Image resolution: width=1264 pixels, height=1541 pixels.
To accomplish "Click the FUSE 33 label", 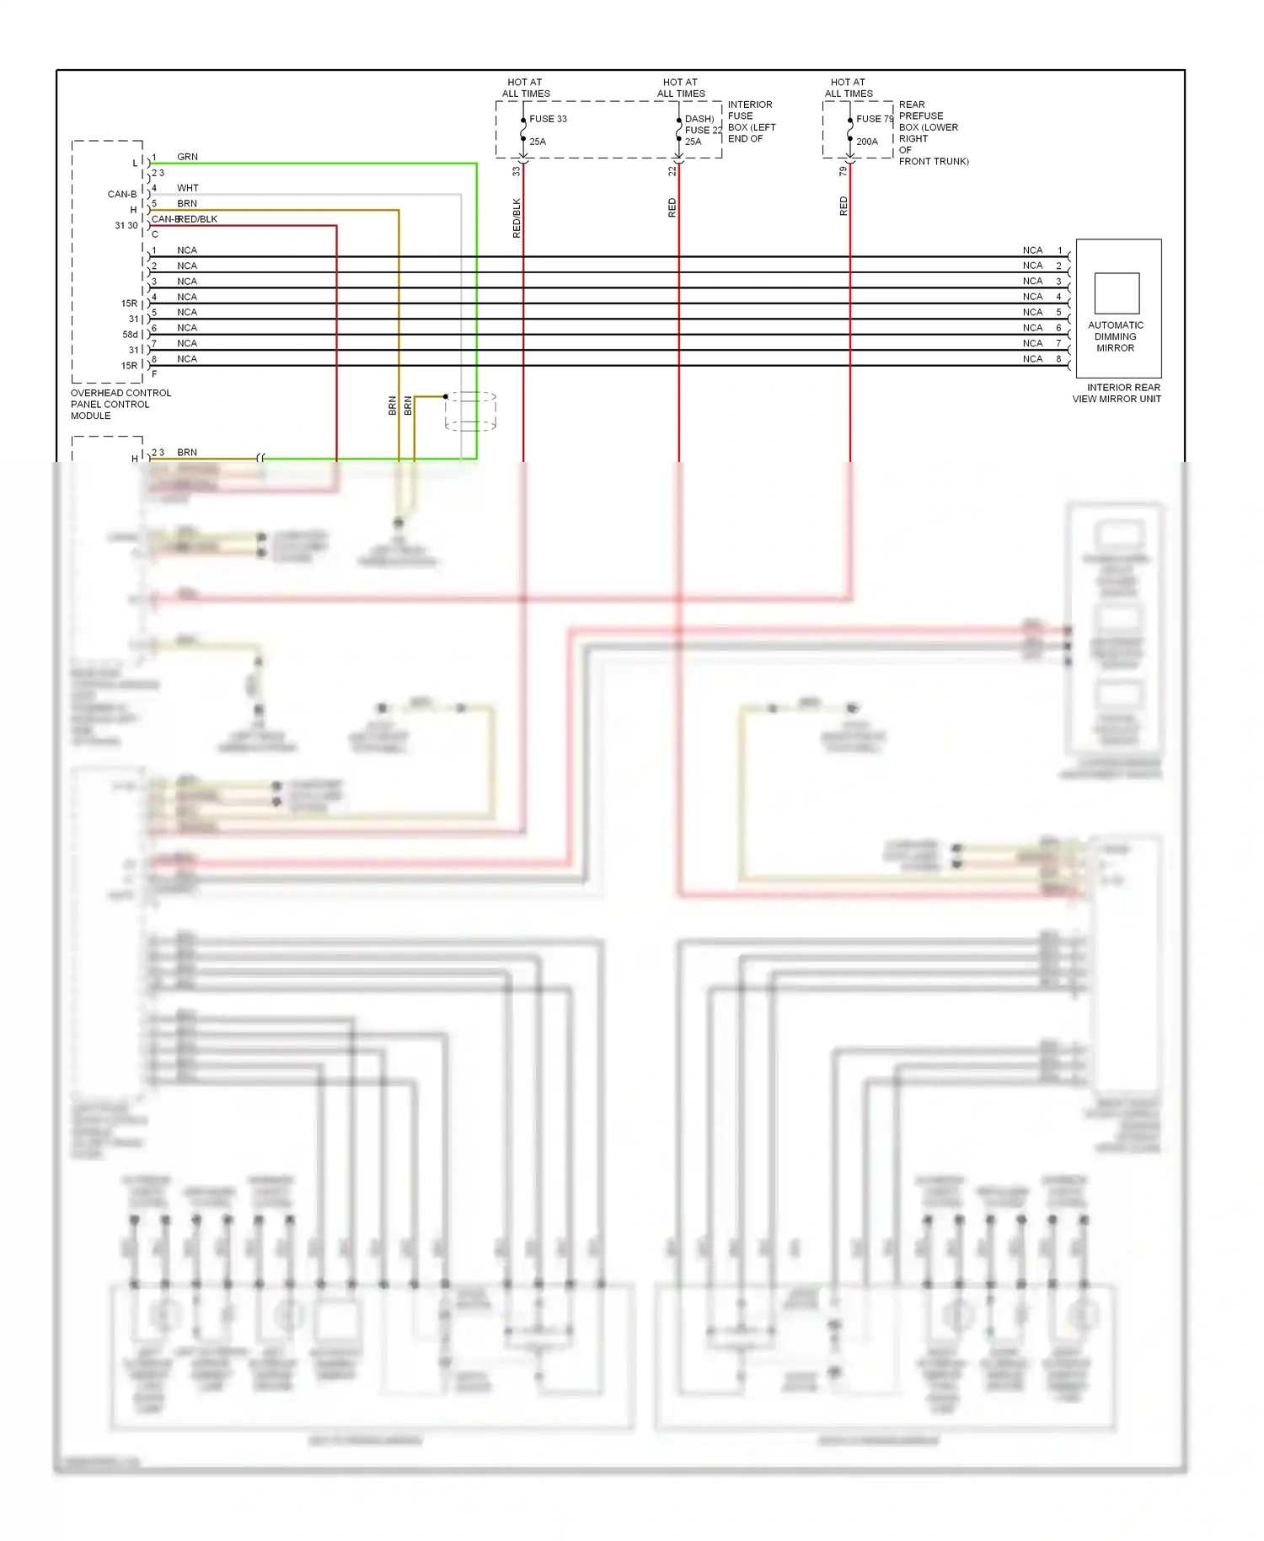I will coord(548,119).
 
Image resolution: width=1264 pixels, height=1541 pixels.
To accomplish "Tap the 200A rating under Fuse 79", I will coord(867,142).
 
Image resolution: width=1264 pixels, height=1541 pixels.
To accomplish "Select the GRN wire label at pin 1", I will coord(187,157).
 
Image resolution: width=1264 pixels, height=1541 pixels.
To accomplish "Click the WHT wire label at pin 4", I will coord(187,188).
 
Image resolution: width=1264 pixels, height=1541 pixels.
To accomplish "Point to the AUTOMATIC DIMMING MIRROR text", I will coord(1115,336).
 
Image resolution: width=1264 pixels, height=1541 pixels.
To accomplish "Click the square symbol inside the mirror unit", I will coord(1117,293).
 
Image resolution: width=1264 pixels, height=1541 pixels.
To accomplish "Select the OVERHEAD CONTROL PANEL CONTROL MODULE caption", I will coord(121,405).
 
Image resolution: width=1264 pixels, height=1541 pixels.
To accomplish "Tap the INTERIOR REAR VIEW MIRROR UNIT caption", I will coord(1117,394).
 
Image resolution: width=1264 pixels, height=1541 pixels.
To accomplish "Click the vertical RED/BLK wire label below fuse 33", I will coord(517,218).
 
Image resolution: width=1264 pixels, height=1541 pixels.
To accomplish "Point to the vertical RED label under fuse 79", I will coord(844,207).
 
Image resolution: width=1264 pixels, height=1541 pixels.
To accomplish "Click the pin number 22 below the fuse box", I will coord(672,171).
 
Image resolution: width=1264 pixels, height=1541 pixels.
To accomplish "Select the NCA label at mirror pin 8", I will coord(1032,359).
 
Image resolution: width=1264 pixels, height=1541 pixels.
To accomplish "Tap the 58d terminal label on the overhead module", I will coord(130,335).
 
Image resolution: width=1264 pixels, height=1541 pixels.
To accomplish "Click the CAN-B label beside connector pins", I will coord(121,194).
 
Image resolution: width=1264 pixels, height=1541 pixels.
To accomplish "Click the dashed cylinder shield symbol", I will coord(470,411).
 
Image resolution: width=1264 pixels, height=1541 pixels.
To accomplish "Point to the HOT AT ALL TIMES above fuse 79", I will coord(849,89).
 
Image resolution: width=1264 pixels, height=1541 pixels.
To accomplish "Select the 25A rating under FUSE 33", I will coord(538,142).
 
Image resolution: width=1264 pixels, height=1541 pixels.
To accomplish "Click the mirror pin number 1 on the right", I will coord(1059,250).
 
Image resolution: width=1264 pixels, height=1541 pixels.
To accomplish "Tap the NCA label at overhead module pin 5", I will coord(187,313).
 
